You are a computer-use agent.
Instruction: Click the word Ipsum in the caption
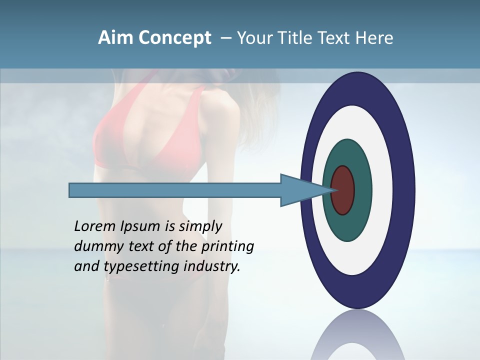pos(140,226)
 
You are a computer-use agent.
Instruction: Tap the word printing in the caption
pos(227,246)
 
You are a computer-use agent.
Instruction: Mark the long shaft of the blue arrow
pos(175,190)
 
